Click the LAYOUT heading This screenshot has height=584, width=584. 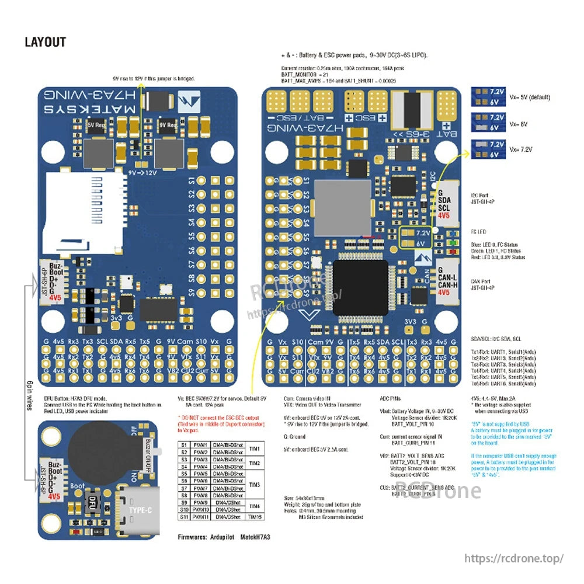click(45, 42)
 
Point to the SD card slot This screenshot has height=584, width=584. click(82, 211)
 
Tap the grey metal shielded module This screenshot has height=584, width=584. click(342, 207)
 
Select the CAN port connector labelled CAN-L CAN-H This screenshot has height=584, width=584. click(444, 279)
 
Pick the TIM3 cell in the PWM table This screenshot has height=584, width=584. click(255, 484)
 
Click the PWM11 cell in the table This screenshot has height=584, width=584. click(200, 516)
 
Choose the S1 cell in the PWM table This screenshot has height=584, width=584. click(184, 445)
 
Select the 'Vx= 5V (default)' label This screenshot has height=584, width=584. click(529, 97)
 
